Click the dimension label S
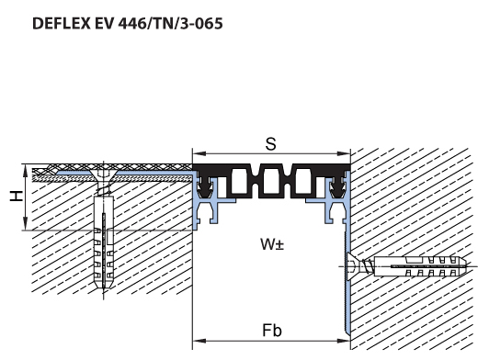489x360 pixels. pos(270,144)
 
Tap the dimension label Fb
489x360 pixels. pos(272,331)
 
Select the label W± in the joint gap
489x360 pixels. pos(272,244)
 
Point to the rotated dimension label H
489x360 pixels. pos(17,196)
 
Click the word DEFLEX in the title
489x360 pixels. pos(62,23)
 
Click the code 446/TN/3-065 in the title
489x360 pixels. pos(171,23)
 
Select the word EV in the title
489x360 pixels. pos(104,23)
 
